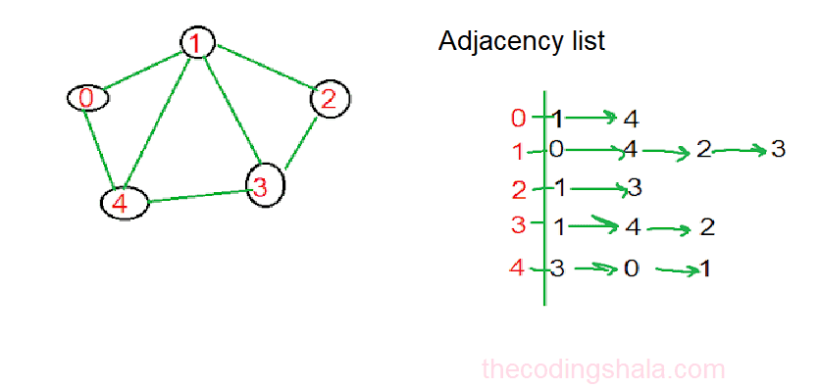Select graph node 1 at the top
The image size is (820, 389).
(197, 42)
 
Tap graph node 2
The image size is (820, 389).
(330, 98)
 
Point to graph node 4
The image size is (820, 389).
(124, 204)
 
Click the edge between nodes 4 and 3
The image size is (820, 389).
(196, 195)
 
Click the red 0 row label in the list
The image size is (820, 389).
(519, 119)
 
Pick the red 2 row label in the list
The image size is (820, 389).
(519, 188)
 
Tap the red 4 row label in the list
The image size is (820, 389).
(518, 267)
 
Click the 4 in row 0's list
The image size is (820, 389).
(631, 119)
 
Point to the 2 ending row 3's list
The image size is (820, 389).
(707, 227)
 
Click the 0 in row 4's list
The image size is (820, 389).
(631, 267)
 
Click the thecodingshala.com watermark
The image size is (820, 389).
(603, 369)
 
